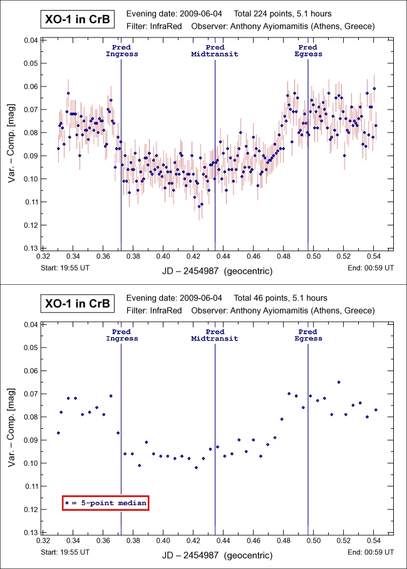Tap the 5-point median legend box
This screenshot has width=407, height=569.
coord(105,502)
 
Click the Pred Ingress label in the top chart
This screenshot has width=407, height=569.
coord(121,51)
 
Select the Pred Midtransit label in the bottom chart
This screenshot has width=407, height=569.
coord(215,335)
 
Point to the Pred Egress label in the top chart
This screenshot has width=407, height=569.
coord(307,51)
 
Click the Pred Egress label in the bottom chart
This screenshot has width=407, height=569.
coord(307,335)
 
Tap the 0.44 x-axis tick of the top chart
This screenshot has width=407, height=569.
coord(223,256)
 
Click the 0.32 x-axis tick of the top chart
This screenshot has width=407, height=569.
coord(43,256)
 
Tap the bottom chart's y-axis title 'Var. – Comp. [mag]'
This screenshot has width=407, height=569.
coord(12,428)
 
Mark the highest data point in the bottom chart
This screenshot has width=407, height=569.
coord(339,382)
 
